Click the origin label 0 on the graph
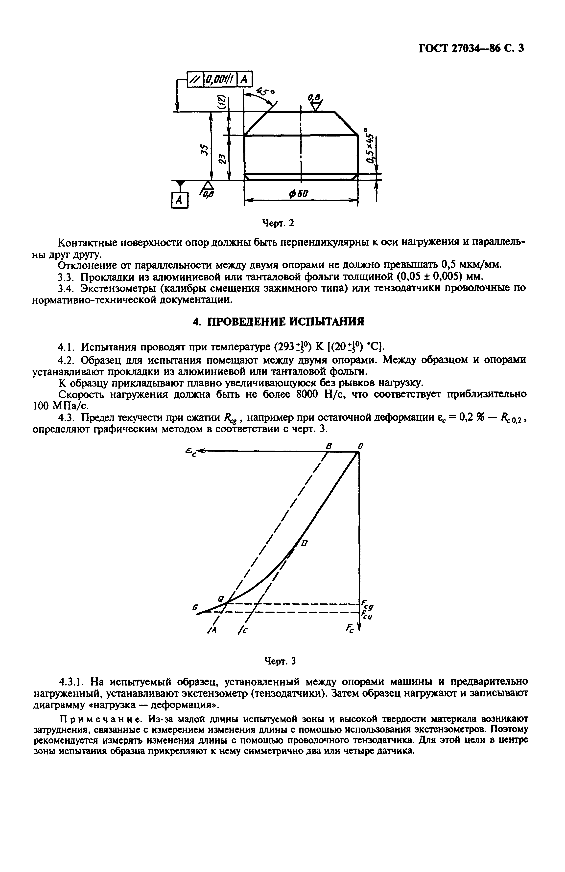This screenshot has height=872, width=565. point(360,446)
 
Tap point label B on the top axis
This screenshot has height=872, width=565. point(329,446)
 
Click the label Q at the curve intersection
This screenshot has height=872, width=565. point(221,598)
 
